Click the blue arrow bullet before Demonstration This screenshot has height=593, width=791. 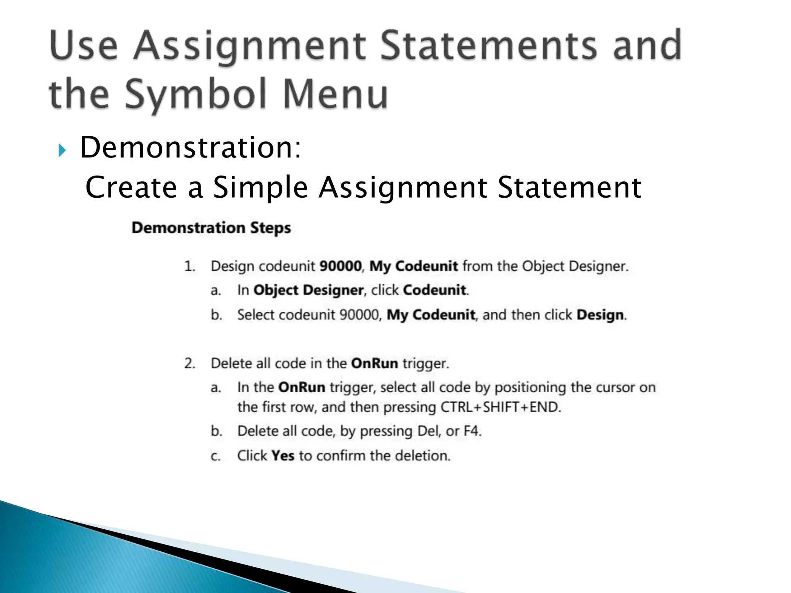(61, 151)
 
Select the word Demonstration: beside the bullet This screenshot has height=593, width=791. (190, 148)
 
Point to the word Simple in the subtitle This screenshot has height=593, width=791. (260, 188)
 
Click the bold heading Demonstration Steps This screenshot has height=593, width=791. (211, 228)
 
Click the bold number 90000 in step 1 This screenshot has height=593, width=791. (341, 266)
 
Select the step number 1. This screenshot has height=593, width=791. (189, 266)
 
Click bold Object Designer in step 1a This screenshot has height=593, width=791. (308, 290)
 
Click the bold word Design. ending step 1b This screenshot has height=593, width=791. (601, 315)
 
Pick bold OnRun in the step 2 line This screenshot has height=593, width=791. (374, 364)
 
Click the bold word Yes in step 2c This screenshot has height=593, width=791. (283, 456)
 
